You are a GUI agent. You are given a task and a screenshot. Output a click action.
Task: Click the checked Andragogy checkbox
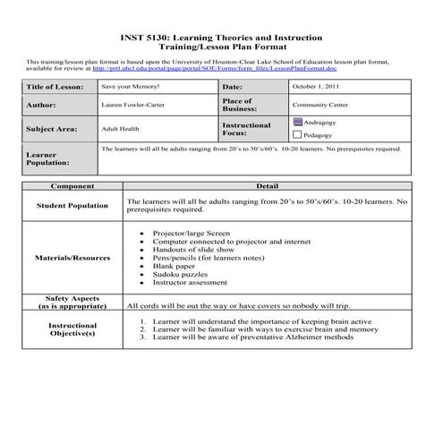click(297, 121)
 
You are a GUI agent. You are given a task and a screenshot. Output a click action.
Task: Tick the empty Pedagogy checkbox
click(297, 134)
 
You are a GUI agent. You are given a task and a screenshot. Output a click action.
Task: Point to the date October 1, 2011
click(315, 87)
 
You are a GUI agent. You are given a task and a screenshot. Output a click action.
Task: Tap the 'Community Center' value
click(319, 105)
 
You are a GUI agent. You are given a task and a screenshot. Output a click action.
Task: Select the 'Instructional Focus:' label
click(246, 129)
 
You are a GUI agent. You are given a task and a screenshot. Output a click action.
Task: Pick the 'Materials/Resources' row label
click(72, 258)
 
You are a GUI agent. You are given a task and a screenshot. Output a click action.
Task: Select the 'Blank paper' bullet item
click(174, 265)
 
